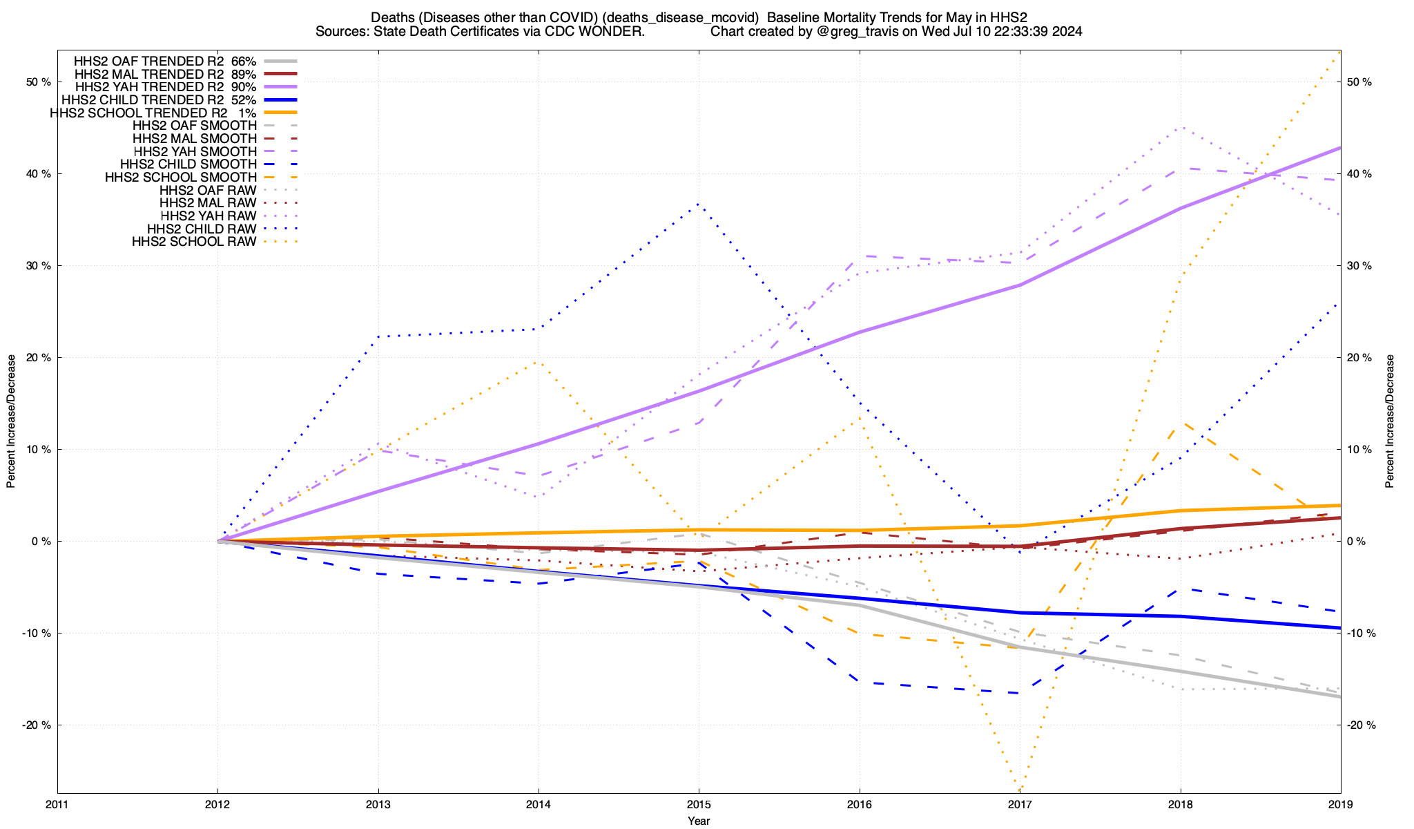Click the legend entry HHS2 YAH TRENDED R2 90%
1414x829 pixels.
pos(166,87)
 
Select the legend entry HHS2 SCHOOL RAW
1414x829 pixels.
pos(194,242)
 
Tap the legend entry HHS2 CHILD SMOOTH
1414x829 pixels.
pos(188,164)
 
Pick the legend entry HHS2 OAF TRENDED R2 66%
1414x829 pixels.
pos(165,61)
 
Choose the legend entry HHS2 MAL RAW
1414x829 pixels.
pos(208,203)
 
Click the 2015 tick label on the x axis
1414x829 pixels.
pos(699,805)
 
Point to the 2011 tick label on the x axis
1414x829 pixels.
pos(57,805)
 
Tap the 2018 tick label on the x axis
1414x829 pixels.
pos(1180,805)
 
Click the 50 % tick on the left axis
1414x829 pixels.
pos(39,82)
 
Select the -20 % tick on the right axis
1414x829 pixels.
pos(1359,725)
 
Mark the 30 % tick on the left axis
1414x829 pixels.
pos(39,266)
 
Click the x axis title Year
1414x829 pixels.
pos(699,821)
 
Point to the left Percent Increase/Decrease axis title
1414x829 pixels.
pos(11,421)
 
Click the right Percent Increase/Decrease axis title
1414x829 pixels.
pos(1390,421)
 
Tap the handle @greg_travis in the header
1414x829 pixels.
pos(849,32)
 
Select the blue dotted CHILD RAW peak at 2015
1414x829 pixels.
pos(699,204)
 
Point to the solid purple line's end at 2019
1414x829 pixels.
pos(1339,149)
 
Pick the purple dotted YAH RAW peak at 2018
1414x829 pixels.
pos(1180,128)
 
